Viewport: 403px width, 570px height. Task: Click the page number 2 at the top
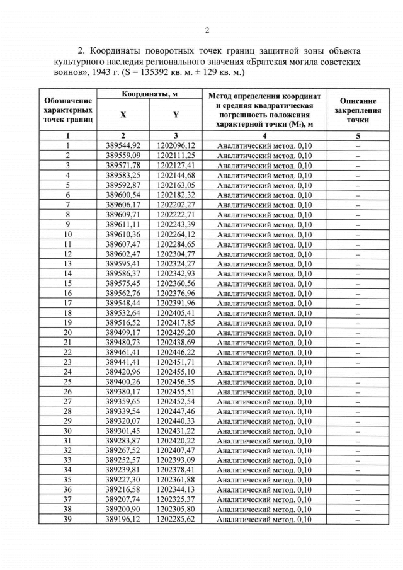(206, 30)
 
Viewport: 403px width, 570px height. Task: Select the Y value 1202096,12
(176, 145)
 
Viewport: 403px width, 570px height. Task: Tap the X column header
(123, 115)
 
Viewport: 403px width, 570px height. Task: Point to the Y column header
(176, 115)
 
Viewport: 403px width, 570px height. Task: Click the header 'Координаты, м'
(149, 94)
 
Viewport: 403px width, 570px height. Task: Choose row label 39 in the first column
(67, 520)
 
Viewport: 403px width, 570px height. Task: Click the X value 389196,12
(123, 520)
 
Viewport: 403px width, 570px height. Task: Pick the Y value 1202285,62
(176, 520)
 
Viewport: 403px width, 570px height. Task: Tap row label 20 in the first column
(67, 333)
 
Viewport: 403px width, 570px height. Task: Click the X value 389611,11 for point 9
(123, 224)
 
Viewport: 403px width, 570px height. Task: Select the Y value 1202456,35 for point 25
(176, 382)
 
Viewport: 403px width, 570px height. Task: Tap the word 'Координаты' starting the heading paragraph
(120, 50)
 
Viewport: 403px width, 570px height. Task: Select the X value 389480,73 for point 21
(123, 342)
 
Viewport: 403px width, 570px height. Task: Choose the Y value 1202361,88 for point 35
(176, 480)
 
